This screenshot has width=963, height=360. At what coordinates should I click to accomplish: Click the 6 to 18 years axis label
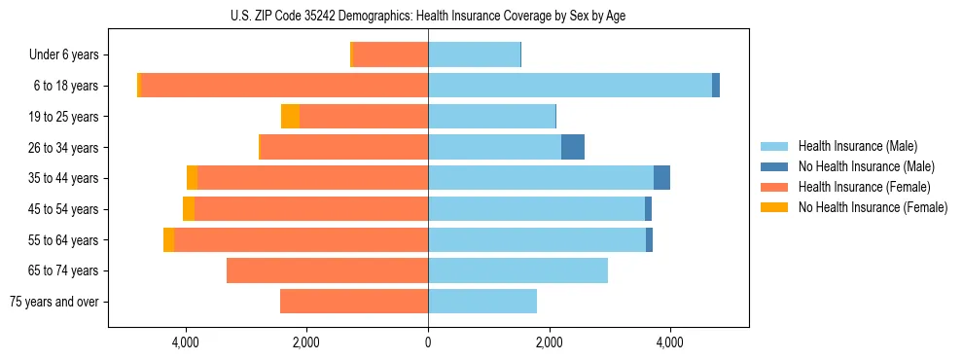coord(66,86)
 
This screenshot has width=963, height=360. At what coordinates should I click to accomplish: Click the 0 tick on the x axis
coord(428,342)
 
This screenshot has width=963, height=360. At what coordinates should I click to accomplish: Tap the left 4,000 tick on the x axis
coord(185,342)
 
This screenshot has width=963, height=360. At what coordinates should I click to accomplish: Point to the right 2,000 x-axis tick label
coord(549,342)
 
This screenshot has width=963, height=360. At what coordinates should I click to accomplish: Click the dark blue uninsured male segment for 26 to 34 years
coord(573,147)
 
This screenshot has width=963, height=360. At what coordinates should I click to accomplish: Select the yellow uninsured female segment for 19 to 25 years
coord(290,117)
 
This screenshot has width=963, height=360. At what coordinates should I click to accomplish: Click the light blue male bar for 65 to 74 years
coord(517,270)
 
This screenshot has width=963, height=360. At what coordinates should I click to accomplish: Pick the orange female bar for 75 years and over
coord(354,302)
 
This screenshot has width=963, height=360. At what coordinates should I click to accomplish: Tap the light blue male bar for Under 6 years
coord(474,55)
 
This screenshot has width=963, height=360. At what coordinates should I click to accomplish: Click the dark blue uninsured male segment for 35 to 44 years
coord(661,178)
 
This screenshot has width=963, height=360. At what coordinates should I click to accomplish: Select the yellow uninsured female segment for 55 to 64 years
coord(168,239)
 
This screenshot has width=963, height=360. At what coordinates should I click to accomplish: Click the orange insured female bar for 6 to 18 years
coord(284,86)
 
